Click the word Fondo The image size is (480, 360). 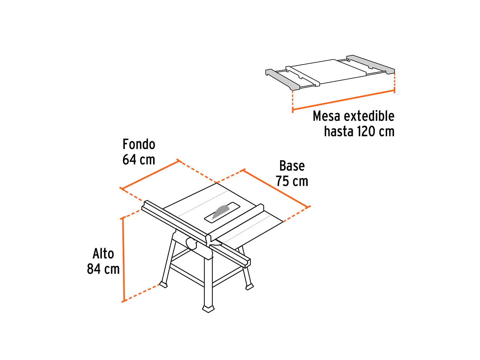pyautogui.click(x=139, y=144)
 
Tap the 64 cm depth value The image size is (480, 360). pyautogui.click(x=139, y=160)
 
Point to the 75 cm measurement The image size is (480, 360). pyautogui.click(x=292, y=181)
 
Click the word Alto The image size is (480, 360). pyautogui.click(x=103, y=253)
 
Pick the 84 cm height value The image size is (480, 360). pyautogui.click(x=103, y=269)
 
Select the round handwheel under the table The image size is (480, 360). pyautogui.click(x=191, y=243)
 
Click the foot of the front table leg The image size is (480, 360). pyautogui.click(x=208, y=309)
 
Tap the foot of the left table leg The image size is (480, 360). pyautogui.click(x=163, y=285)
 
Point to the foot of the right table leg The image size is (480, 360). pyautogui.click(x=249, y=287)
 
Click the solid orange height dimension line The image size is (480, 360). pyautogui.click(x=123, y=260)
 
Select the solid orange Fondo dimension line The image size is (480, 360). pyautogui.click(x=150, y=174)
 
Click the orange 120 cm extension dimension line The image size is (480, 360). pyautogui.click(x=344, y=100)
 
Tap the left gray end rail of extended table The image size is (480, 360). pyautogui.click(x=283, y=80)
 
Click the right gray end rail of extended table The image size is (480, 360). pyautogui.click(x=371, y=64)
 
